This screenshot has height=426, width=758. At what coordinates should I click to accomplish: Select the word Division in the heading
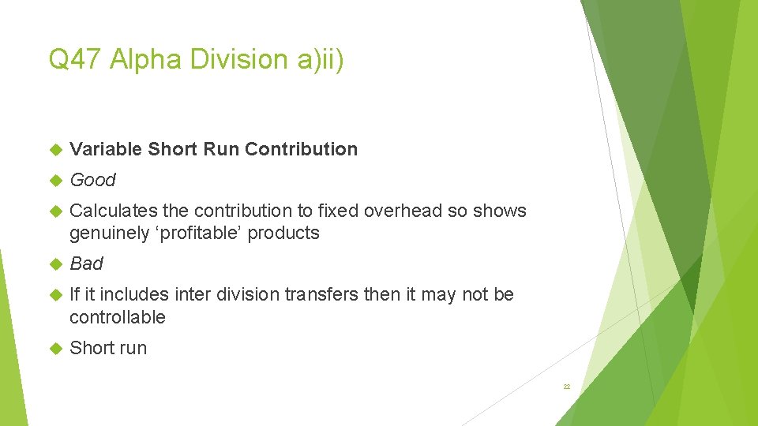[x=235, y=59]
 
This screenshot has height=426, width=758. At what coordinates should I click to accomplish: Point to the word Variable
[x=106, y=149]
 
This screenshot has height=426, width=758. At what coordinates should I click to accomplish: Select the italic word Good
[x=92, y=180]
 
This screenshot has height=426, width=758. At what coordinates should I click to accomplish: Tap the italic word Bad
[x=86, y=263]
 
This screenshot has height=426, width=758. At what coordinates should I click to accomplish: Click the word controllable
[x=117, y=317]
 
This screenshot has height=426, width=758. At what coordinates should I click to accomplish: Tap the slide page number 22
[x=566, y=387]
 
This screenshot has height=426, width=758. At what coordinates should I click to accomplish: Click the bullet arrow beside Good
[x=55, y=181]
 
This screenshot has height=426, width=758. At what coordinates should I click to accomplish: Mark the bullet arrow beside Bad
[x=55, y=263]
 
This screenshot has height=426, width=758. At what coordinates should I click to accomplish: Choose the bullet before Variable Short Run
[x=55, y=149]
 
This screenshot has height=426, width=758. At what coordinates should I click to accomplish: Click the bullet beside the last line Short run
[x=55, y=348]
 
